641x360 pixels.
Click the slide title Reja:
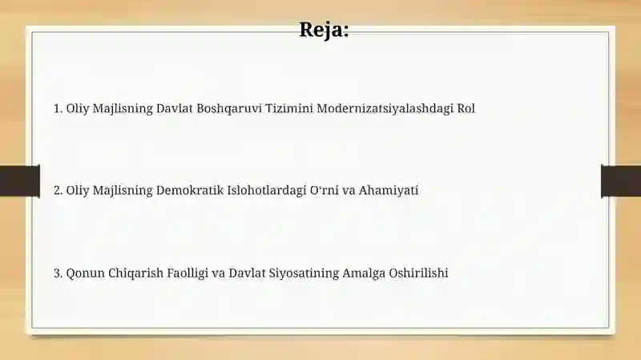click(x=324, y=30)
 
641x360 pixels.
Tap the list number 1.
click(x=58, y=108)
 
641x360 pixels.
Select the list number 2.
click(x=58, y=190)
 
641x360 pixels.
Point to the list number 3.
click(x=58, y=273)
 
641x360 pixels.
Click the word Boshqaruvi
click(x=229, y=109)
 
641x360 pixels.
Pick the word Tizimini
click(x=289, y=108)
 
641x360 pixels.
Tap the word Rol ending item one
click(x=466, y=108)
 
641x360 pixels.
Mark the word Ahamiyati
click(x=389, y=191)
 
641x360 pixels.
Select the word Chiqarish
click(x=135, y=273)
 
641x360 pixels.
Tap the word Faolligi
click(x=187, y=273)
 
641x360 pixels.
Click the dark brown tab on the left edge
click(x=19, y=181)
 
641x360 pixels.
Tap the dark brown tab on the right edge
click(x=621, y=181)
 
